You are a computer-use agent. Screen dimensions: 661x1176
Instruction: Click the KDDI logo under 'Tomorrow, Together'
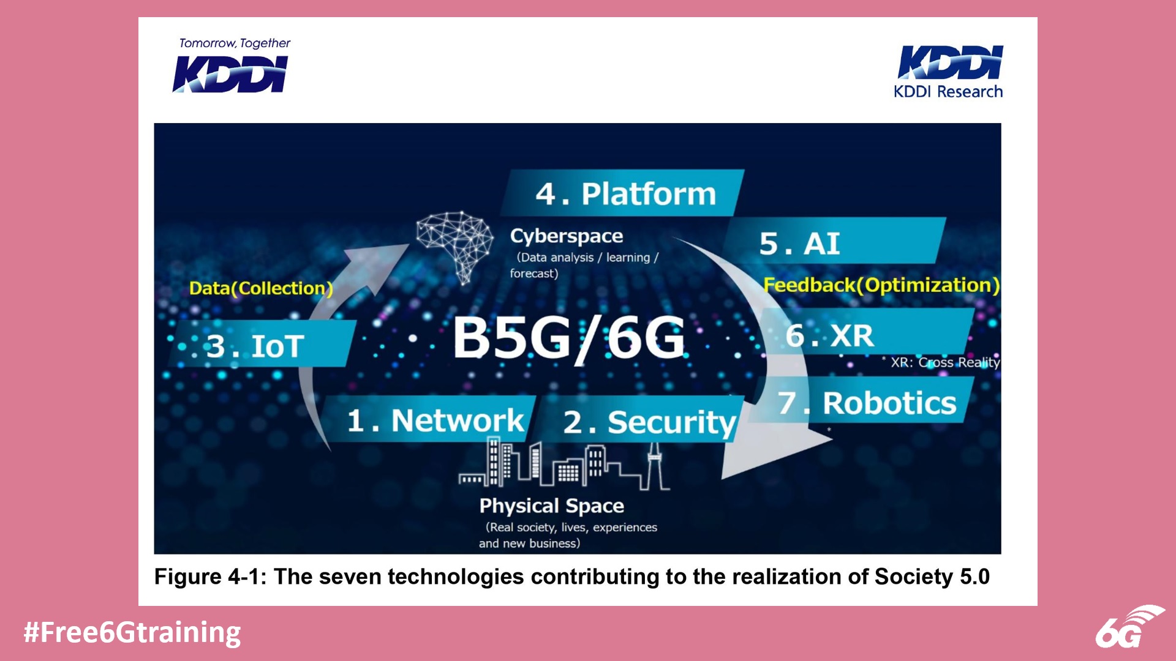coord(230,74)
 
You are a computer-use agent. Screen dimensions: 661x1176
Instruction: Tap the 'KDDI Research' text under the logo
coord(948,92)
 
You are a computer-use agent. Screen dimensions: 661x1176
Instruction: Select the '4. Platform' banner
coord(625,193)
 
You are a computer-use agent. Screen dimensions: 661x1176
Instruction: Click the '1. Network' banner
coord(435,420)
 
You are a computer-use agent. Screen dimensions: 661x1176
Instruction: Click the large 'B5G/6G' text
coord(568,337)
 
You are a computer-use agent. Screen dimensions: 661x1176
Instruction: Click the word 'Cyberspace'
coord(567,236)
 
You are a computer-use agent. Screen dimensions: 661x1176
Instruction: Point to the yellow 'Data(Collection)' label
coord(261,288)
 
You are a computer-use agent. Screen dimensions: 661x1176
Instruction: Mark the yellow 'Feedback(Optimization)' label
coord(881,285)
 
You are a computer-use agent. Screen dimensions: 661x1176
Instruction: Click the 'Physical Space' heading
coord(551,506)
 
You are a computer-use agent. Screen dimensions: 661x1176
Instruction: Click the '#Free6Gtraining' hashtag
coord(132,632)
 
